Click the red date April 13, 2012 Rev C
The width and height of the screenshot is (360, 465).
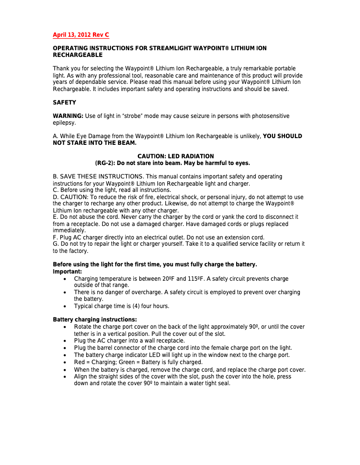click(x=81, y=35)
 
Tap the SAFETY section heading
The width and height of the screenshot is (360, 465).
click(x=65, y=103)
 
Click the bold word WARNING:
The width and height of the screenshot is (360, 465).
click(x=68, y=116)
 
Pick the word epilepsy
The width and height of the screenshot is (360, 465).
click(x=64, y=122)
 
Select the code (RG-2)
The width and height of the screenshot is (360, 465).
click(x=106, y=163)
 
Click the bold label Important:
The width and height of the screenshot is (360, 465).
click(x=67, y=272)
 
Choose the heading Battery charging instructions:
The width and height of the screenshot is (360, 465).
click(x=95, y=320)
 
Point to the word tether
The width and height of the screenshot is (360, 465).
click(x=83, y=334)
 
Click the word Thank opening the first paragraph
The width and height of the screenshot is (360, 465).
click(x=61, y=69)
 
